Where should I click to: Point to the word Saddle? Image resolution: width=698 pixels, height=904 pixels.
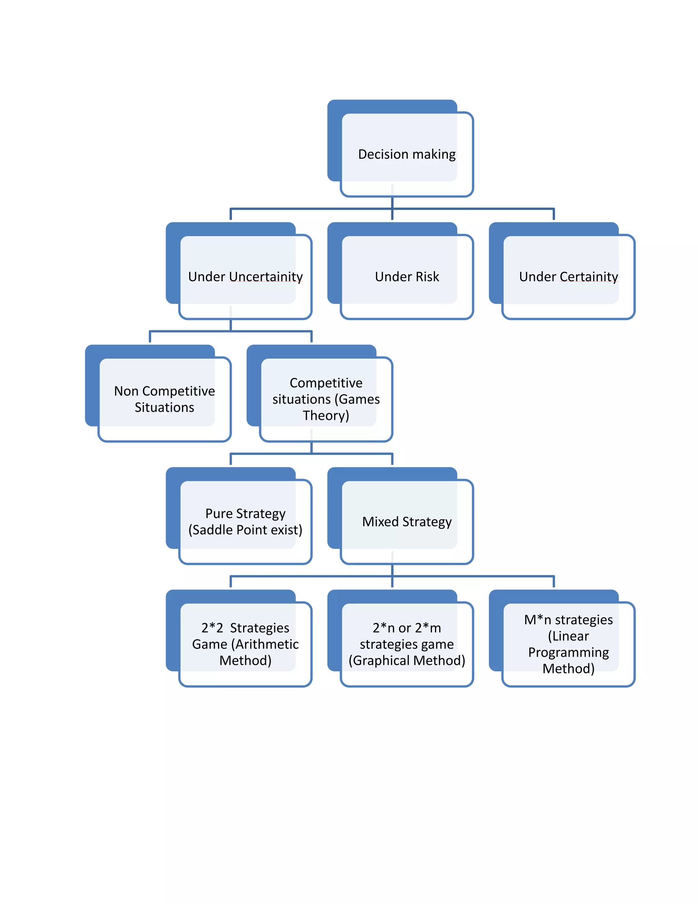click(x=211, y=530)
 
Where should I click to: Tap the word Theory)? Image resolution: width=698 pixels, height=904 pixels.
click(x=326, y=415)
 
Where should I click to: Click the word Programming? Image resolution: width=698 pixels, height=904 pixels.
click(x=568, y=653)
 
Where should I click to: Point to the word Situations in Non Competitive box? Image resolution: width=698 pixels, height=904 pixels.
click(x=165, y=408)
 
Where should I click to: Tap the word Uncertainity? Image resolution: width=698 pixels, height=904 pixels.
click(x=266, y=277)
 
